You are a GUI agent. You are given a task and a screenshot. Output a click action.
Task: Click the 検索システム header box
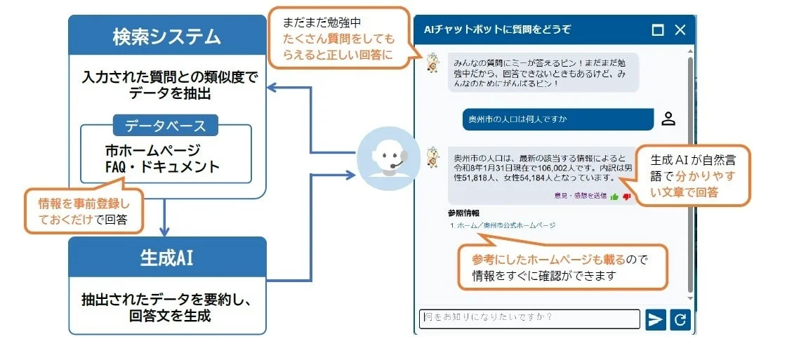click(167, 36)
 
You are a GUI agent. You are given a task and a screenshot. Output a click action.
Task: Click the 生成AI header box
click(167, 258)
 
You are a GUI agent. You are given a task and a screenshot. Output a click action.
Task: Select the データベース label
click(166, 126)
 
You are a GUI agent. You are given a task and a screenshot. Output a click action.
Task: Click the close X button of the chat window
click(680, 30)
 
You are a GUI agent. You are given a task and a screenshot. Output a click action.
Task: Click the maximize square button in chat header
click(658, 30)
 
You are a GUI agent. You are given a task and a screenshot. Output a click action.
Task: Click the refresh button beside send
click(680, 320)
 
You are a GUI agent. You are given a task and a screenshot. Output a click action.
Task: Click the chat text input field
click(529, 319)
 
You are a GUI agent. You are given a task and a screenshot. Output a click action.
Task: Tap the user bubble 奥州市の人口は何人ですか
click(557, 119)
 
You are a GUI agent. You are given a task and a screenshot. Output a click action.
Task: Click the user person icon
click(668, 119)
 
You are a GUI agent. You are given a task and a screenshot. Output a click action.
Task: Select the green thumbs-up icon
click(614, 196)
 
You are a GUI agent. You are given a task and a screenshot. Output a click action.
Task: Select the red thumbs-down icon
click(626, 196)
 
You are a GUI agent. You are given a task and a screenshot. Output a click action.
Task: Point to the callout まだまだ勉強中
click(339, 38)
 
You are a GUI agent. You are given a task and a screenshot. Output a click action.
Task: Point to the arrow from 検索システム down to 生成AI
click(164, 218)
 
